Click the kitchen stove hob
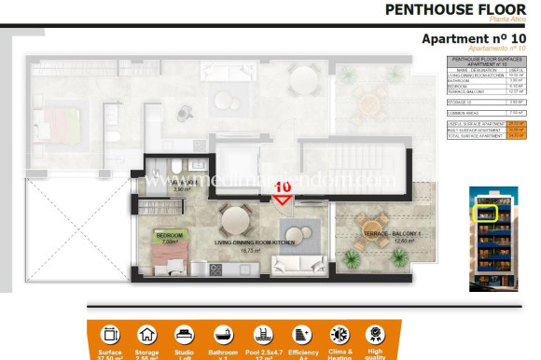pos(215,270)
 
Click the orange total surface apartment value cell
pos(515,135)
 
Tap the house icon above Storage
pos(146,335)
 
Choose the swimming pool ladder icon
pos(262,335)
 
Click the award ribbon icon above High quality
pos(374,335)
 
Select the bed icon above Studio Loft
pos(185,335)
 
